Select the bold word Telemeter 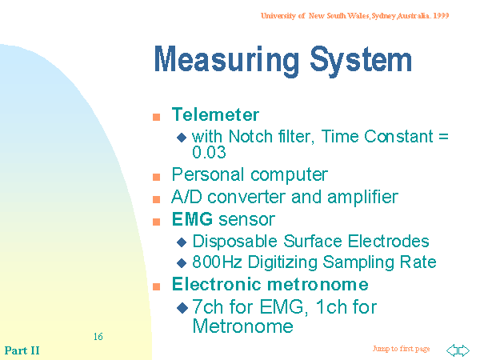click(215, 114)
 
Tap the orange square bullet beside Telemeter click(157, 117)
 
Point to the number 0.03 click(209, 152)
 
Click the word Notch click(250, 136)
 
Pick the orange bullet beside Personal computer click(157, 177)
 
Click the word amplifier click(362, 197)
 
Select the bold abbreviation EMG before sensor click(192, 219)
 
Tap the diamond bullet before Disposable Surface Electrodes click(182, 242)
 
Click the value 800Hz click(217, 262)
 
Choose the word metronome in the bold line click(318, 284)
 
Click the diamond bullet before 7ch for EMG click(182, 308)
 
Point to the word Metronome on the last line click(242, 326)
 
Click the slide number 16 click(98, 337)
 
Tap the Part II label click(22, 350)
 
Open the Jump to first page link click(401, 349)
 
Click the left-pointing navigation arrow click(452, 350)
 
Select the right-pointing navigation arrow click(463, 350)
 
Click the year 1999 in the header click(441, 16)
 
